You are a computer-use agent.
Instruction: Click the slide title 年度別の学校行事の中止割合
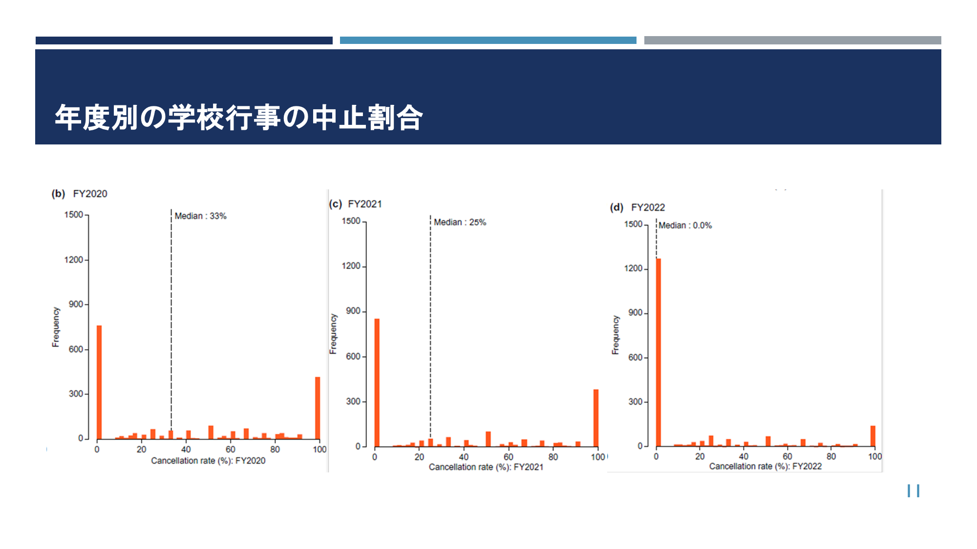pos(239,118)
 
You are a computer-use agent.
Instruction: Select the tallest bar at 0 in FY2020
pos(99,382)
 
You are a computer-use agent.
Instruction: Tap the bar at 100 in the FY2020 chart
pos(318,408)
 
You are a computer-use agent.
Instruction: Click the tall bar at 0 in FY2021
pos(377,383)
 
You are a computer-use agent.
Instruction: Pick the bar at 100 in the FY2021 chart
pos(596,418)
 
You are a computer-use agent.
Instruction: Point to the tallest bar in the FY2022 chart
pos(658,352)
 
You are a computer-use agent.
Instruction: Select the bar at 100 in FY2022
pos(873,436)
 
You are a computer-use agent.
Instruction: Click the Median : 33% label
pos(200,216)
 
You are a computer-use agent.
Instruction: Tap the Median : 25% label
pos(460,223)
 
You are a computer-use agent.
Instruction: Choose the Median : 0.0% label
pos(685,225)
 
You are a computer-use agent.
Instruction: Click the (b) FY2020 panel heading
pos(79,194)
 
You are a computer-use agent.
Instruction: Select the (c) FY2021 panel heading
pos(355,204)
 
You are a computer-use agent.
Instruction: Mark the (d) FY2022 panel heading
pos(637,207)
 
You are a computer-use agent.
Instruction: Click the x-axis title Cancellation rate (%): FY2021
pos(486,467)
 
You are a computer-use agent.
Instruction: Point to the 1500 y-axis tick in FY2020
pos(74,215)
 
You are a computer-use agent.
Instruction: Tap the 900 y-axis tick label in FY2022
pos(636,313)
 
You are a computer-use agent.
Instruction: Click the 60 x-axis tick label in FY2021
pos(509,457)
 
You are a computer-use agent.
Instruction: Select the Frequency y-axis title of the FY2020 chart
pos(56,327)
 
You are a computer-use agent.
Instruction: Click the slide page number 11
pos(913,491)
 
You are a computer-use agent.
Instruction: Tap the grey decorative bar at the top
pos(792,41)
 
